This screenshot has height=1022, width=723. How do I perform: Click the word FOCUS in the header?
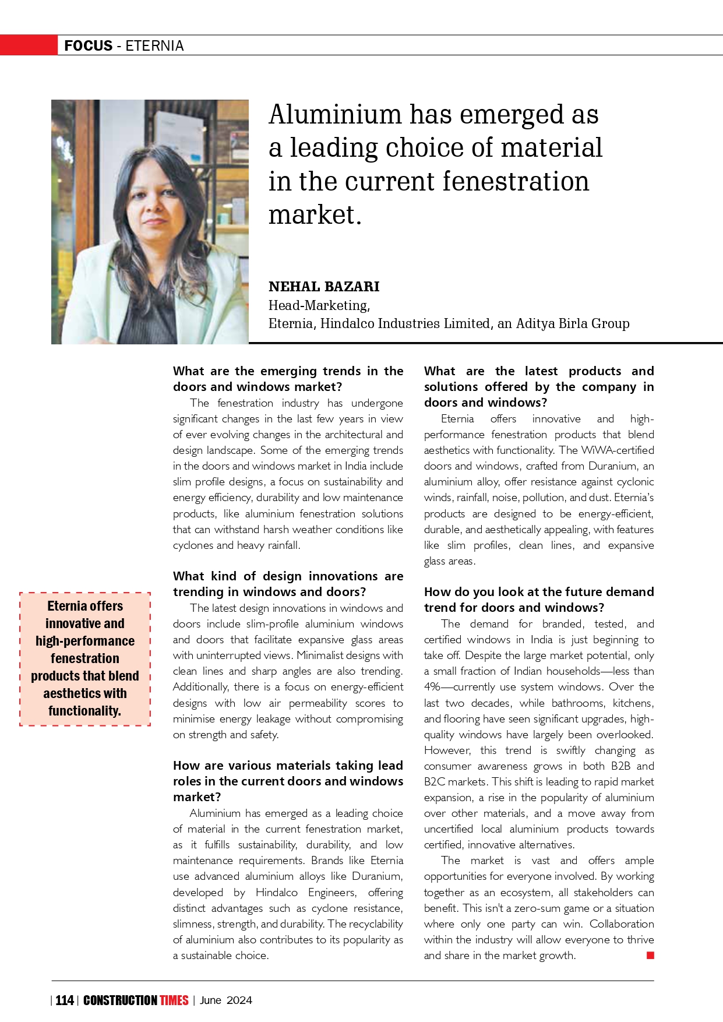pyautogui.click(x=88, y=45)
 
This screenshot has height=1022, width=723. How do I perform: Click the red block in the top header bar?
pyautogui.click(x=29, y=45)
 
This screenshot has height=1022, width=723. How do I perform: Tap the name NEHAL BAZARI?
pyautogui.click(x=324, y=287)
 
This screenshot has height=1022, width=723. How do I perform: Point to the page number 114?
pyautogui.click(x=65, y=1000)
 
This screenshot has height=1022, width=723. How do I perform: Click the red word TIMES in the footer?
pyautogui.click(x=174, y=1000)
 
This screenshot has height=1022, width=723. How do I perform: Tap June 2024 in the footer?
pyautogui.click(x=226, y=1000)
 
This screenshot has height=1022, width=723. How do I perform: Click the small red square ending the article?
pyautogui.click(x=650, y=955)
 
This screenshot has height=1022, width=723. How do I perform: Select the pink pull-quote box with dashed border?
pyautogui.click(x=85, y=659)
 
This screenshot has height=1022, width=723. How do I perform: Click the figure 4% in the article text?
pyautogui.click(x=432, y=687)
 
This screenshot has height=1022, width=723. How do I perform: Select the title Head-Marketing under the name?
pyautogui.click(x=319, y=305)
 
